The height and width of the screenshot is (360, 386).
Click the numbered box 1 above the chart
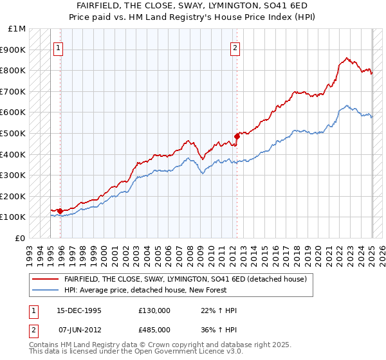(58, 47)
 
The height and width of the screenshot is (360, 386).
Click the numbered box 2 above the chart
(235, 47)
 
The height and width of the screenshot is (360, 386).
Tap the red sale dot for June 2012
(237, 136)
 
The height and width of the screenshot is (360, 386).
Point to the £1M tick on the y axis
(17, 29)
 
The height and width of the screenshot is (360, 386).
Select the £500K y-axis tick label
(15, 133)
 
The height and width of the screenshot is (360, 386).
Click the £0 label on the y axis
(21, 238)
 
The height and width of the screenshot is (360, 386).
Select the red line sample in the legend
(46, 279)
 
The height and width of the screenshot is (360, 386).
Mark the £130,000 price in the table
(154, 310)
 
